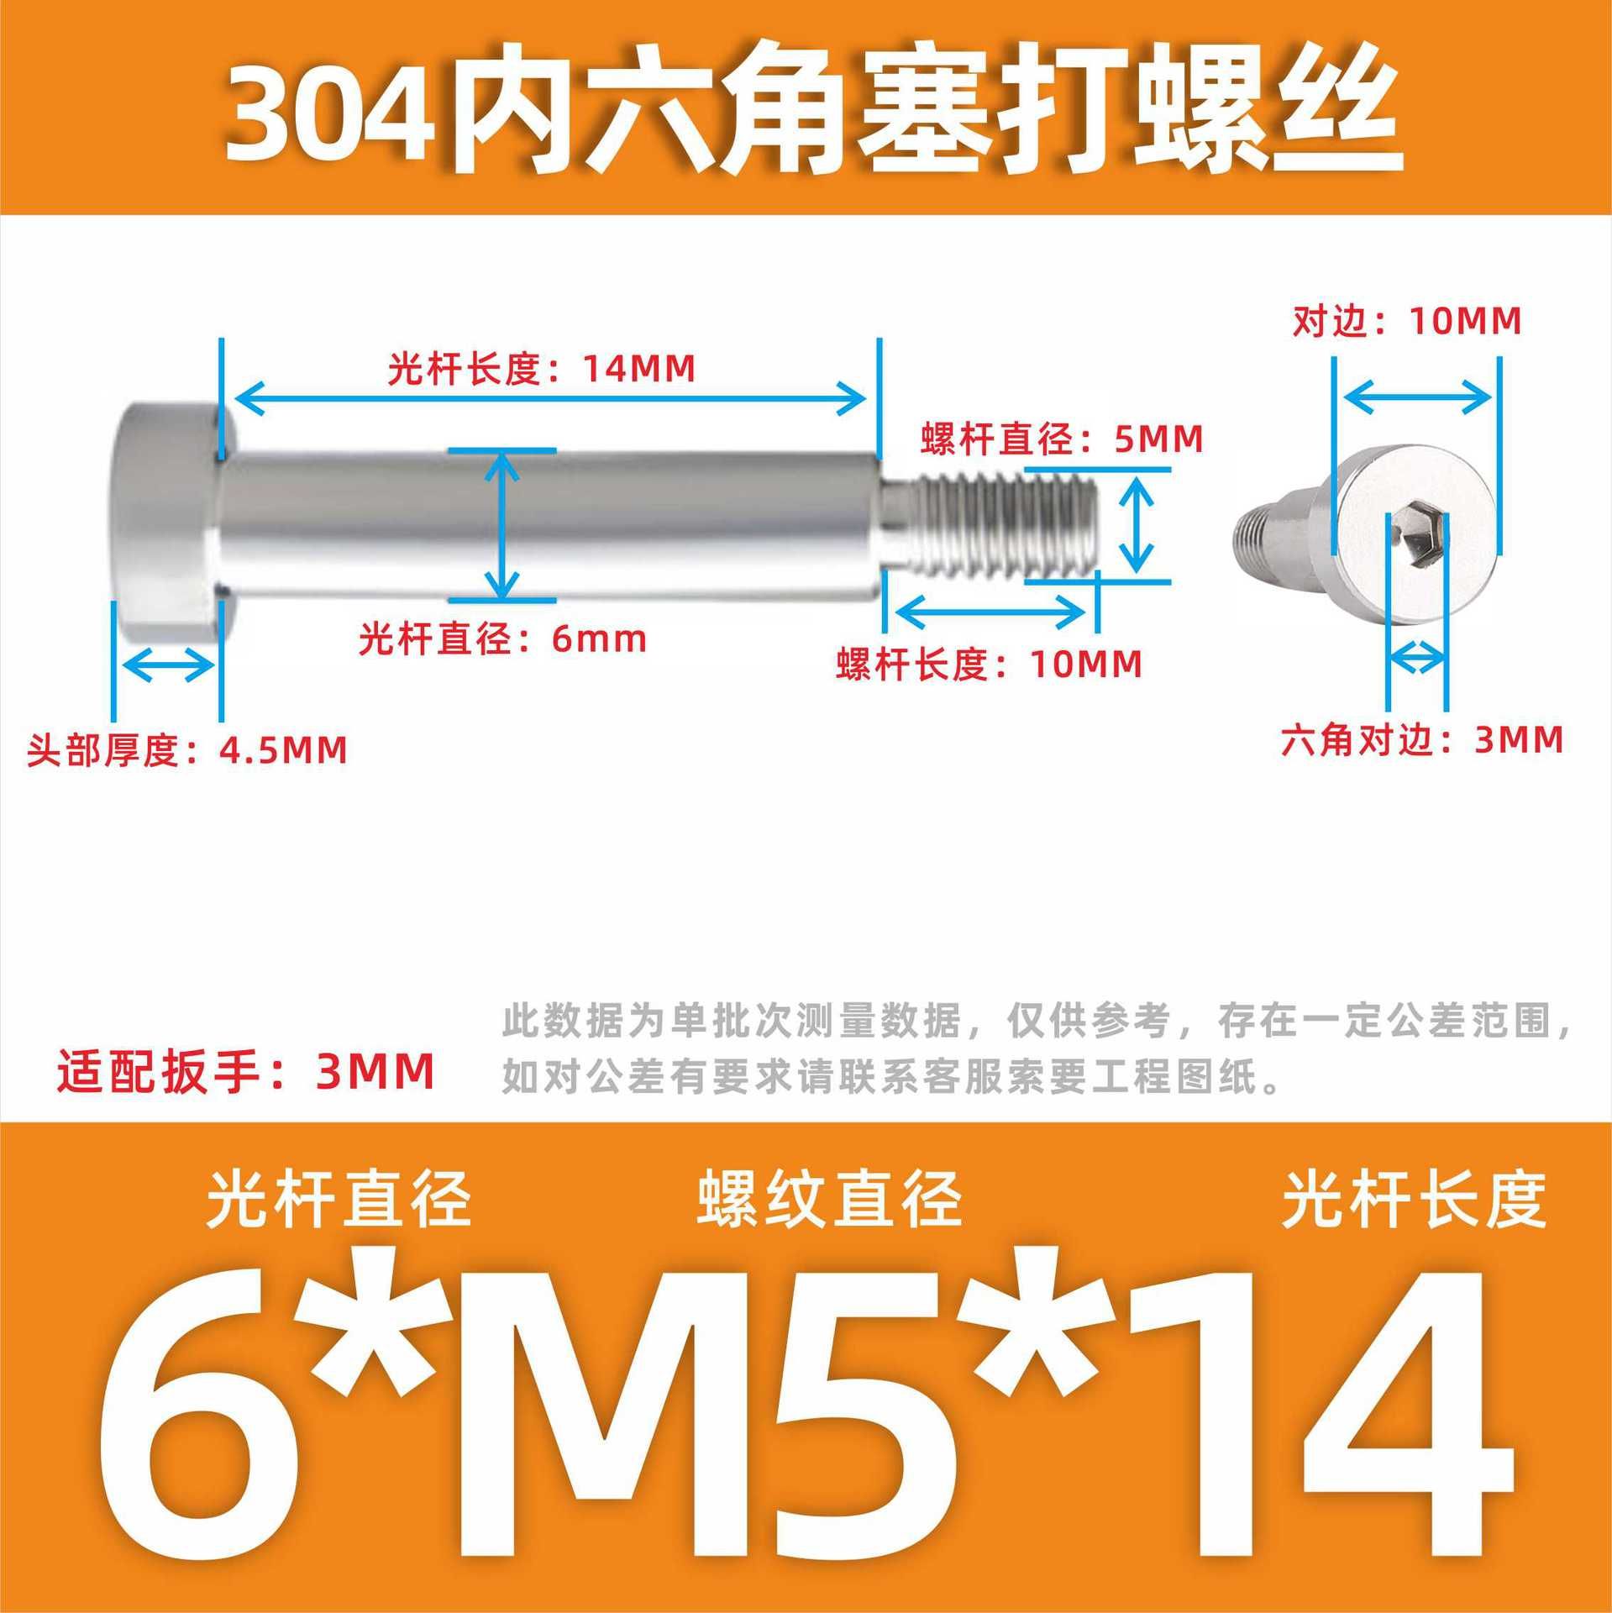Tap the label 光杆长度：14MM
pyautogui.click(x=542, y=369)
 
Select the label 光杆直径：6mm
pyautogui.click(x=502, y=639)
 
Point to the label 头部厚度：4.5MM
pyautogui.click(x=187, y=749)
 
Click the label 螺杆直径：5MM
pyautogui.click(x=1062, y=439)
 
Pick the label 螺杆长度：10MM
pyautogui.click(x=990, y=665)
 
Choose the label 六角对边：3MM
pyautogui.click(x=1422, y=740)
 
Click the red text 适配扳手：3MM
pyautogui.click(x=245, y=1071)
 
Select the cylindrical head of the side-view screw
pyautogui.click(x=165, y=521)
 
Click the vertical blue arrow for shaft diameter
pyautogui.click(x=502, y=524)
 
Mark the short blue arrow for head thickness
pyautogui.click(x=167, y=667)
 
